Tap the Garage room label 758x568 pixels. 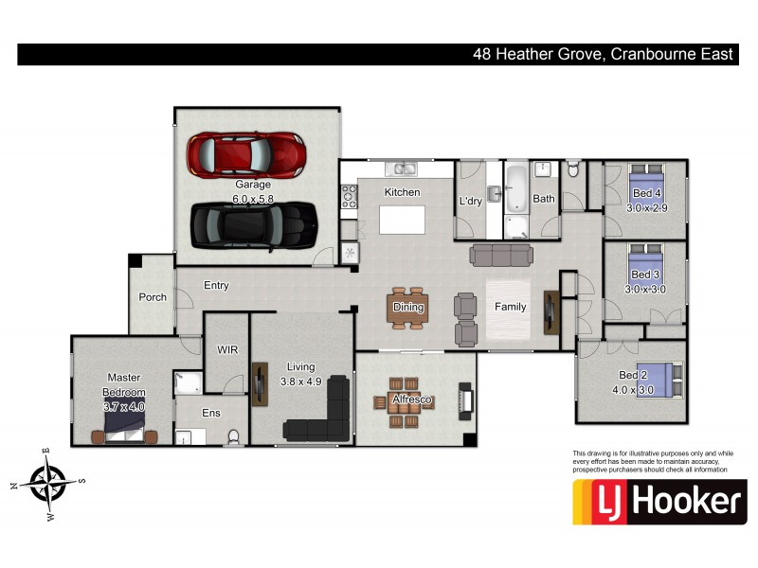pyautogui.click(x=252, y=185)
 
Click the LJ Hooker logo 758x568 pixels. pyautogui.click(x=659, y=502)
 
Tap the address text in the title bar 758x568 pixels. pyautogui.click(x=604, y=54)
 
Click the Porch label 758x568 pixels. pyautogui.click(x=153, y=297)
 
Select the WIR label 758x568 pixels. pyautogui.click(x=227, y=349)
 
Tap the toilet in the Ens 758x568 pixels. pyautogui.click(x=233, y=436)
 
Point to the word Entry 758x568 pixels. pyautogui.click(x=216, y=286)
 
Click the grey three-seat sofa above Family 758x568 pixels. pyautogui.click(x=501, y=255)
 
